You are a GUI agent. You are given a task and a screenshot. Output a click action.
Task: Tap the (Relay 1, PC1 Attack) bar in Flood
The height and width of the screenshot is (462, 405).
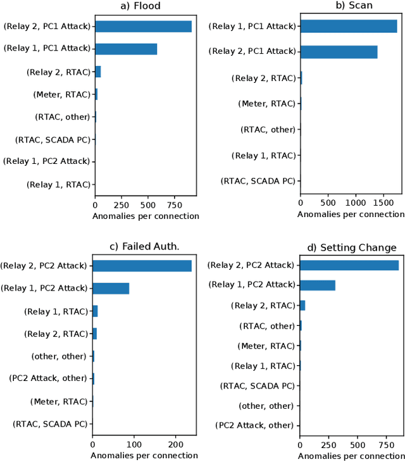coord(126,49)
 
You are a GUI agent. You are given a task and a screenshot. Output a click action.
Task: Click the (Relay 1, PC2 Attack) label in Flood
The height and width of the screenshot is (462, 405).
coord(47,161)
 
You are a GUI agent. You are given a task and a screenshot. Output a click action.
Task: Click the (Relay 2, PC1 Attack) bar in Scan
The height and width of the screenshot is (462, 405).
coord(339,52)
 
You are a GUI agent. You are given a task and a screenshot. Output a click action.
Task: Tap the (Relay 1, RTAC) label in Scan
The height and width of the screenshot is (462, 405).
coord(264,155)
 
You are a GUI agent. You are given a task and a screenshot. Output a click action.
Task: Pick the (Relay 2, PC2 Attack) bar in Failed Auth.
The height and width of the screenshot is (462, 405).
coord(142,266)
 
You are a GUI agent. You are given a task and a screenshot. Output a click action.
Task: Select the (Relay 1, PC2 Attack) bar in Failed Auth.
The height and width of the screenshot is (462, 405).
coord(111,289)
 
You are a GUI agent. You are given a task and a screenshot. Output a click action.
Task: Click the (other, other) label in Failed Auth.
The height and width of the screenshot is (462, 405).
coord(58,356)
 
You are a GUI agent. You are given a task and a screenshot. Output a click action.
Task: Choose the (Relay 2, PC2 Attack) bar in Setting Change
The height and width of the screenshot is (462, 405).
coord(349,265)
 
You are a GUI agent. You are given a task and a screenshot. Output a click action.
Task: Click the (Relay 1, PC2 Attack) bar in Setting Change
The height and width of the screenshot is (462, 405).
coord(318,285)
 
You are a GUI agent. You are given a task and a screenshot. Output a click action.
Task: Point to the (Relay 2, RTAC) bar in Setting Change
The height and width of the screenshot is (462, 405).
coord(302,306)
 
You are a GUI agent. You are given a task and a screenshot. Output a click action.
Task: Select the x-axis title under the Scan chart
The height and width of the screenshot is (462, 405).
coord(351,215)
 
